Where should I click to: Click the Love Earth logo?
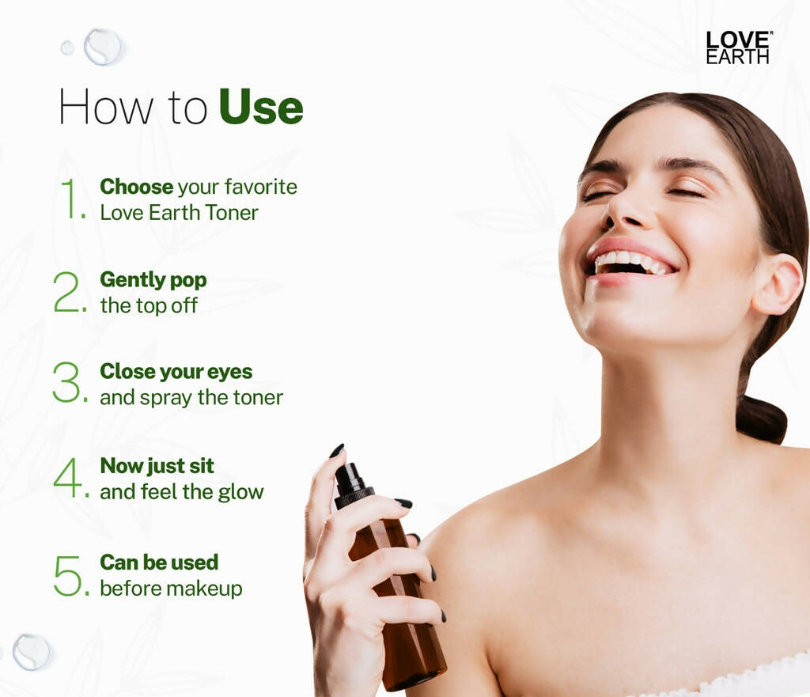pyautogui.click(x=738, y=47)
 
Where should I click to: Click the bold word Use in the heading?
pyautogui.click(x=261, y=108)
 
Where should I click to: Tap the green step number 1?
pyautogui.click(x=72, y=199)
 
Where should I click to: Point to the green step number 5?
pyautogui.click(x=69, y=575)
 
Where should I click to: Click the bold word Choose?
pyautogui.click(x=136, y=187)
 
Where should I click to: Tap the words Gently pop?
pyautogui.click(x=153, y=279)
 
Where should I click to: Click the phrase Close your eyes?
pyautogui.click(x=176, y=371)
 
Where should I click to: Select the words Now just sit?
pyautogui.click(x=157, y=465)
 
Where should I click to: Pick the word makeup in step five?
pyautogui.click(x=209, y=589)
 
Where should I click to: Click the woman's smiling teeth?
pyautogui.click(x=629, y=260)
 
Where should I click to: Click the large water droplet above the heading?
pyautogui.click(x=104, y=46)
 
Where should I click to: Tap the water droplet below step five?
pyautogui.click(x=32, y=651)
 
